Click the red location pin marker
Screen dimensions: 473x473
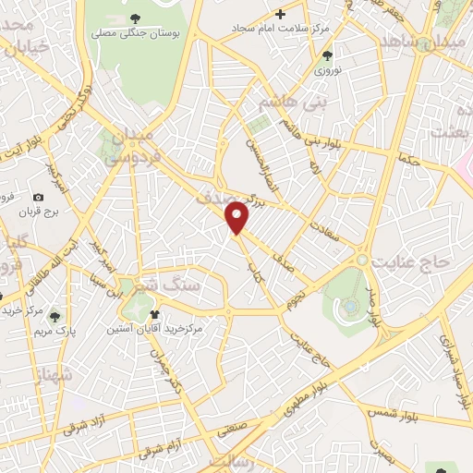[238, 216]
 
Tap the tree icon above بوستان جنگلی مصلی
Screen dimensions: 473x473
[136, 18]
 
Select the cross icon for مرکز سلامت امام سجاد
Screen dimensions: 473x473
[280, 14]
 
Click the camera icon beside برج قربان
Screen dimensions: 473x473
[38, 197]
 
